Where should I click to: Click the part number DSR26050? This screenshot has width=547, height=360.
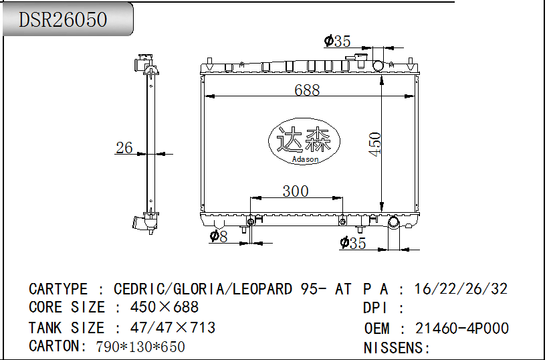[x=63, y=19]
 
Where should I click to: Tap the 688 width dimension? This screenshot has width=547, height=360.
[x=307, y=90]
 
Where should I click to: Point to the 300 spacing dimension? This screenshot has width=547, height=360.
[x=295, y=191]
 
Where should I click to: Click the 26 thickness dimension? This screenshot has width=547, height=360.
[x=124, y=148]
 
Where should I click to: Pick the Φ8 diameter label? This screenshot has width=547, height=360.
[x=219, y=236]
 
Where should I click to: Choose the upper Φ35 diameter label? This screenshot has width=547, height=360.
[x=338, y=41]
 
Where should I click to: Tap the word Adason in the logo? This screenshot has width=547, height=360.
[x=305, y=159]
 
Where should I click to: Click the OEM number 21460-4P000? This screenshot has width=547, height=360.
[x=461, y=329]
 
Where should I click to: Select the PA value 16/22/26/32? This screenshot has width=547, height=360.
[x=461, y=289]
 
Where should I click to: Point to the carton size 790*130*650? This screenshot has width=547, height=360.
[x=140, y=347]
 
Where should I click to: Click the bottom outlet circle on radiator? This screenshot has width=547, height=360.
[x=393, y=222]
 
